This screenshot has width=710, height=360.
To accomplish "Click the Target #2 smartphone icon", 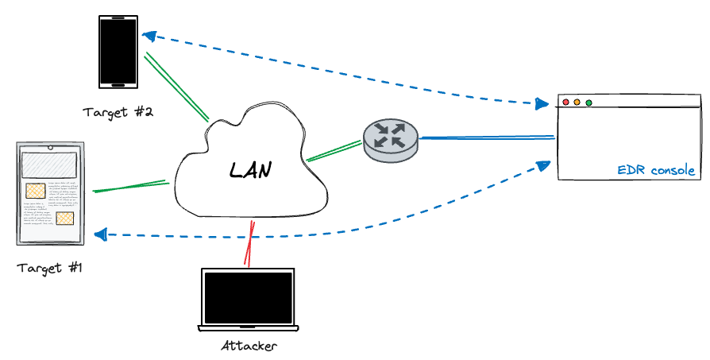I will point(118,52).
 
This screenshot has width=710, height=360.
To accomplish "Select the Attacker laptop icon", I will point(248,300).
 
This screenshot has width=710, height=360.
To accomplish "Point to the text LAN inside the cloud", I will point(250,169).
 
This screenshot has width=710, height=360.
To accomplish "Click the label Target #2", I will point(118,111).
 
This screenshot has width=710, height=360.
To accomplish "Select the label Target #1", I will point(51,267).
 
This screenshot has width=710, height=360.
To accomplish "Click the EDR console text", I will point(656,171).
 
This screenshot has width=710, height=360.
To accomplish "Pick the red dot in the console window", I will point(565,103).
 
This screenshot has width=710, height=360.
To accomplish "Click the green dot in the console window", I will point(588,103).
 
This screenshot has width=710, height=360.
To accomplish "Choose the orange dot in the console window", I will point(577,103).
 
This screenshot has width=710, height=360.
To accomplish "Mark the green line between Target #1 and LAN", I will point(131,187).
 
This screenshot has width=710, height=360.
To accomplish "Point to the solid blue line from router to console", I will point(486,137).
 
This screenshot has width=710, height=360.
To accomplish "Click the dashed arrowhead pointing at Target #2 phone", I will point(148,36).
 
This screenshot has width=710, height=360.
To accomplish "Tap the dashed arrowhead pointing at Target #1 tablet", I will point(101,234).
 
